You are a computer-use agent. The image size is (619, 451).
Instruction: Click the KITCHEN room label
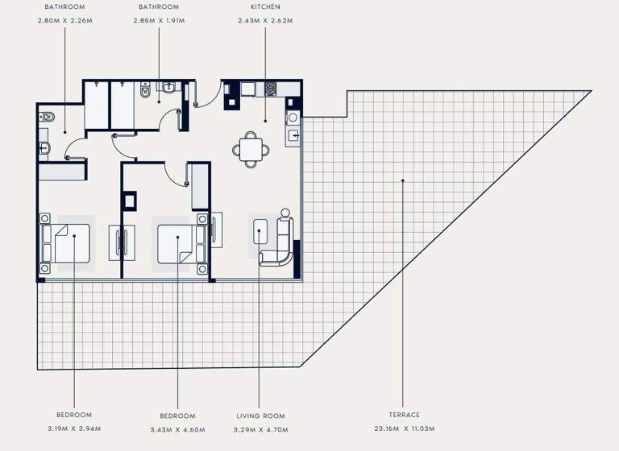click(265, 7)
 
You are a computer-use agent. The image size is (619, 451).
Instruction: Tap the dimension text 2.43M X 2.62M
click(265, 20)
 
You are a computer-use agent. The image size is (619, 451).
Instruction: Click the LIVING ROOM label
click(260, 416)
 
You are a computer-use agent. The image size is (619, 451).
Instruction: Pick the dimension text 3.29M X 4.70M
click(260, 429)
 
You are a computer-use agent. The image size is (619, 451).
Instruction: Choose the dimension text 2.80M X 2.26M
click(65, 20)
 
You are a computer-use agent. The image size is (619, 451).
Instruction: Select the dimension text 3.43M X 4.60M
click(177, 429)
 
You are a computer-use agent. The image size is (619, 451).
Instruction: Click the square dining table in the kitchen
click(251, 148)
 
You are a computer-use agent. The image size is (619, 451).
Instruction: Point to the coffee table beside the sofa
click(260, 232)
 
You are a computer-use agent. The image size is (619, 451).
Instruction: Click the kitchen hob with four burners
click(271, 88)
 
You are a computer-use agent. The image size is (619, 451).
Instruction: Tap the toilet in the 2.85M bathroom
click(144, 93)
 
